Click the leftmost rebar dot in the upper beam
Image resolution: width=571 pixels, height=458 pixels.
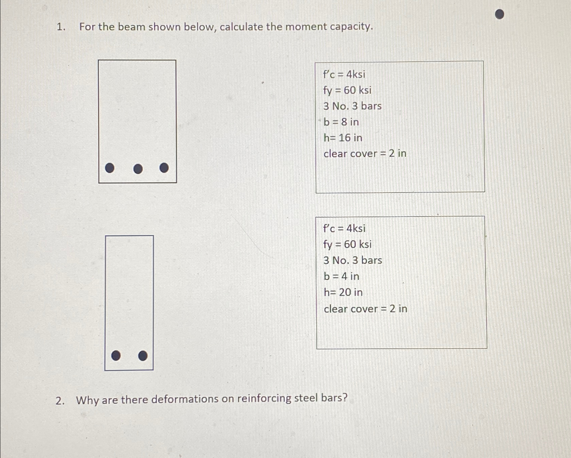click(x=110, y=168)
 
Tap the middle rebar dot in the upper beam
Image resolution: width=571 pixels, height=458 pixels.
click(x=138, y=169)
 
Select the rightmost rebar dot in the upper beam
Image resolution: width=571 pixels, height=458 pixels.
click(x=164, y=168)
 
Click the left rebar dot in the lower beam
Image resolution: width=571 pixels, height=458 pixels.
click(x=116, y=355)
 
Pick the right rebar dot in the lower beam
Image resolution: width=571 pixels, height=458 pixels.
click(x=143, y=355)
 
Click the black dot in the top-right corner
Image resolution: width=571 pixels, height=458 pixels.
click(x=499, y=14)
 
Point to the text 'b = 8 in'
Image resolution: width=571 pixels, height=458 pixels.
click(x=341, y=122)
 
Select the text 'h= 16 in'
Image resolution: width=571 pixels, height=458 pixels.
click(x=343, y=138)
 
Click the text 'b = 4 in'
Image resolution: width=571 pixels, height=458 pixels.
click(x=341, y=276)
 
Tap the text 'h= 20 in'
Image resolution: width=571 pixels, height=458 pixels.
click(x=343, y=292)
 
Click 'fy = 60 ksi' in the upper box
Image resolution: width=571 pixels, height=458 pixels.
click(x=347, y=90)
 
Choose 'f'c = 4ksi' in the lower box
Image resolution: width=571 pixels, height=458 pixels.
click(x=344, y=228)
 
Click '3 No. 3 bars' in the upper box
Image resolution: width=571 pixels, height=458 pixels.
click(x=353, y=106)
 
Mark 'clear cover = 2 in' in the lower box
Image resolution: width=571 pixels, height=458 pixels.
click(x=365, y=309)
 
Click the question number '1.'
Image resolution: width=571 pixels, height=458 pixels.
click(x=61, y=27)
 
